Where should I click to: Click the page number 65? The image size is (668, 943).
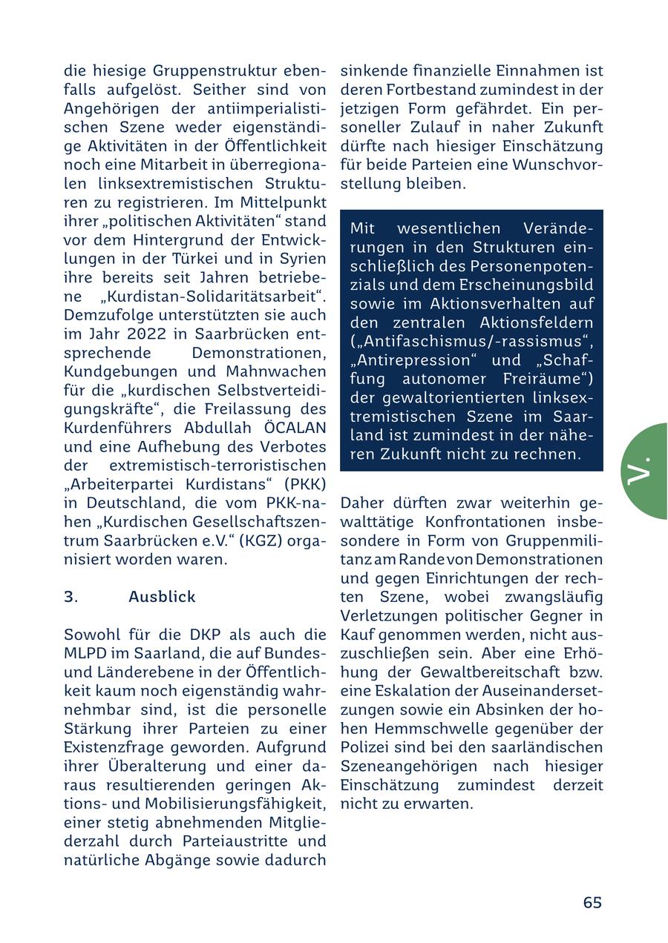(592, 902)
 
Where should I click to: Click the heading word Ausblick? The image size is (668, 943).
(162, 597)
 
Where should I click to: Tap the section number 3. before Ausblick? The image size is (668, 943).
(71, 597)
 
